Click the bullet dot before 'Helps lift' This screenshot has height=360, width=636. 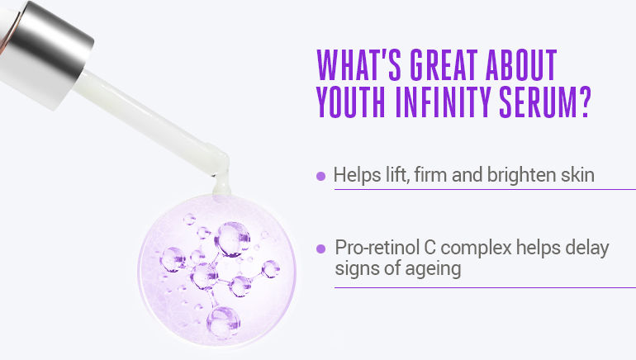pyautogui.click(x=321, y=176)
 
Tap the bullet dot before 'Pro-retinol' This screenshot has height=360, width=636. pyautogui.click(x=321, y=248)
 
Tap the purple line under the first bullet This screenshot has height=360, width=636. pyautogui.click(x=484, y=190)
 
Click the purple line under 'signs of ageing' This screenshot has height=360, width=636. pyautogui.click(x=484, y=287)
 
